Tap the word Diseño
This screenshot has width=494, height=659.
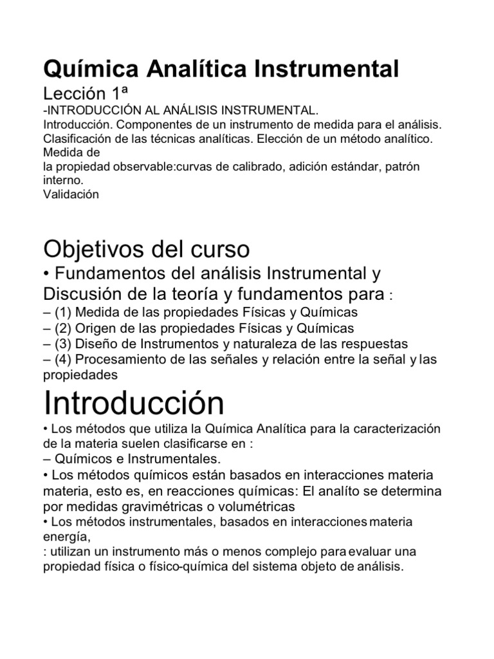(x=99, y=344)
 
